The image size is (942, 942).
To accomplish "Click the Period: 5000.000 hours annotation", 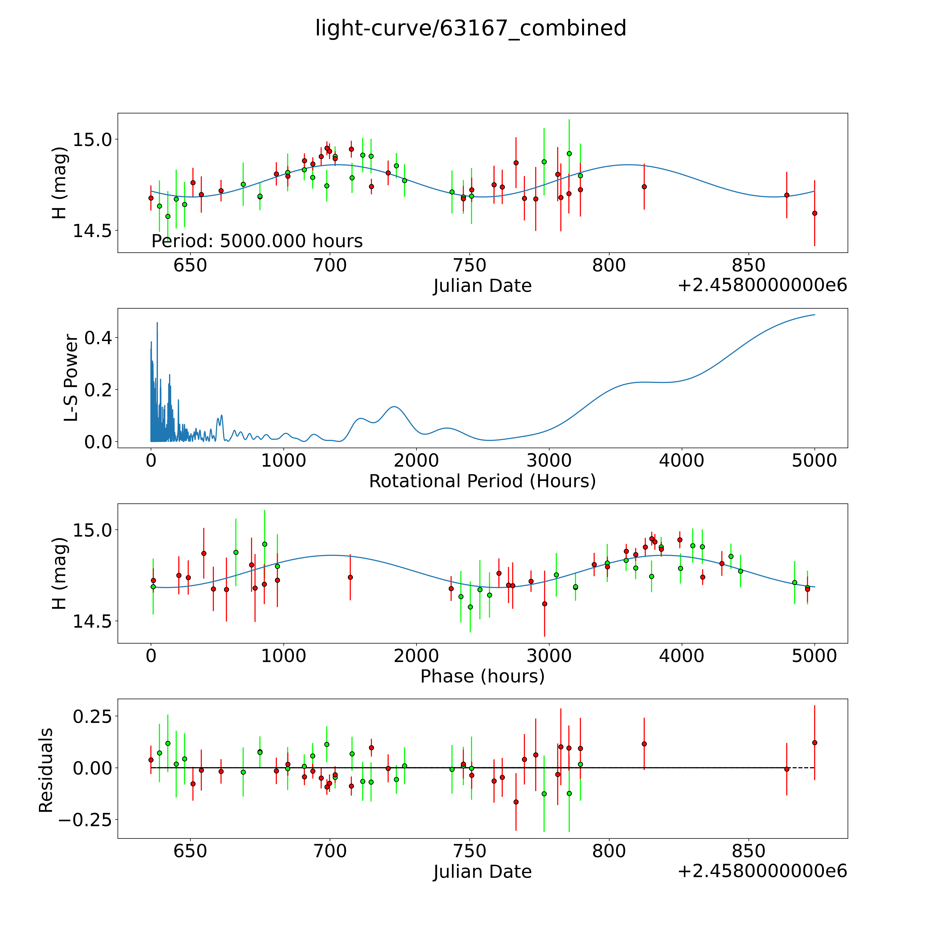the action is point(257,241).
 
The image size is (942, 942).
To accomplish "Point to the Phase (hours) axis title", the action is point(482,676).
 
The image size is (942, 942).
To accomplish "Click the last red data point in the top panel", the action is point(814,213).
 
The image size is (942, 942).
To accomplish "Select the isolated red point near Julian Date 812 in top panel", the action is point(644,187).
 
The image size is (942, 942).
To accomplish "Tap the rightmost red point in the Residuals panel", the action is point(814,743).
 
